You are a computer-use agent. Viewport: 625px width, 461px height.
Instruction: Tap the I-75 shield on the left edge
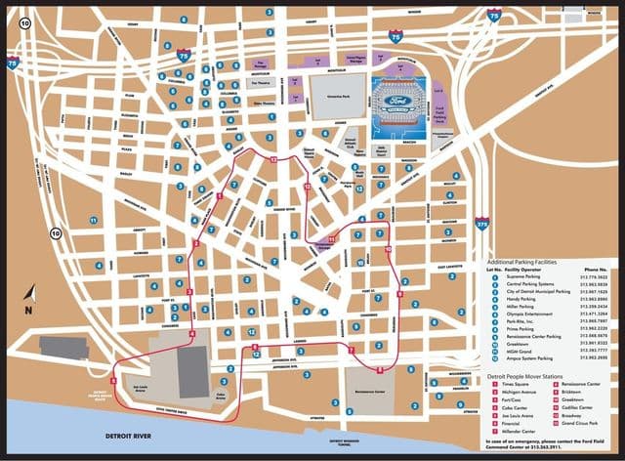click(12, 62)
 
